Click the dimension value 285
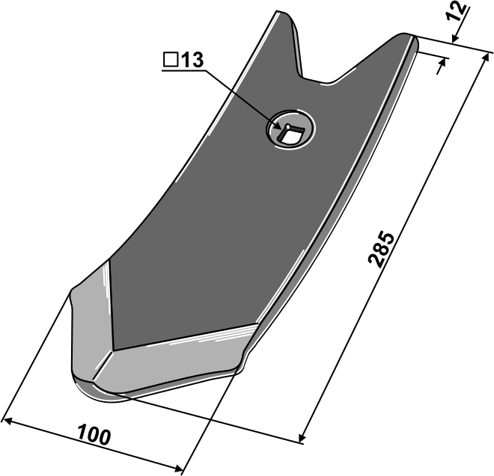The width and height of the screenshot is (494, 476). click(x=381, y=250)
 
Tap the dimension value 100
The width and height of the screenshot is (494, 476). click(x=94, y=435)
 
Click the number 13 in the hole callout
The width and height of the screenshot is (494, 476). click(x=193, y=60)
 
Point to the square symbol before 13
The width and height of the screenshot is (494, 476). click(x=171, y=60)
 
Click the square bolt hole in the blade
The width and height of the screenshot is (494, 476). click(x=289, y=134)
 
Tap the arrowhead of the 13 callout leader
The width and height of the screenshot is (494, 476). click(x=277, y=126)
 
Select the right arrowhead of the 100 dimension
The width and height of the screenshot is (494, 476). click(x=178, y=469)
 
